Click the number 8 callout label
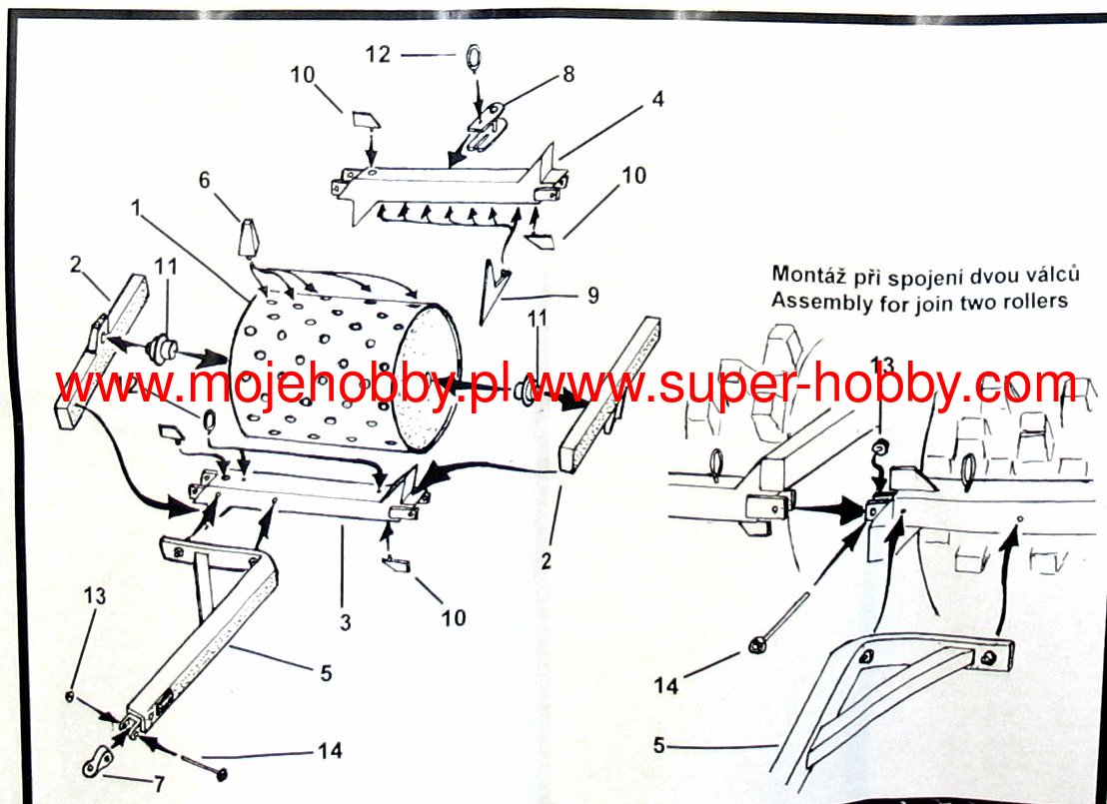click(568, 73)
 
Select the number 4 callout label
click(657, 99)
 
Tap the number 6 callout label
click(205, 181)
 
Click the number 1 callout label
click(137, 211)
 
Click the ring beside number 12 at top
click(473, 56)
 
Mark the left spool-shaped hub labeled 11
click(162, 353)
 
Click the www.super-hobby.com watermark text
click(800, 386)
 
